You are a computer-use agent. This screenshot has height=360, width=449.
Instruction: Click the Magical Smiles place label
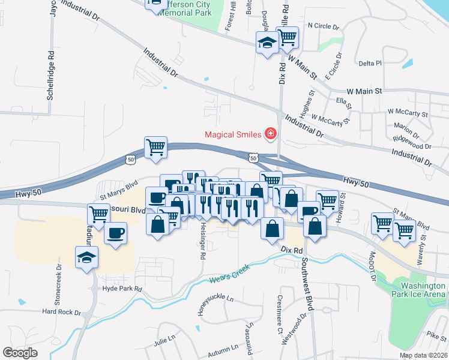(x=234, y=134)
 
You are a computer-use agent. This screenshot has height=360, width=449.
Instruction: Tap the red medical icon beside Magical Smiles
(x=271, y=133)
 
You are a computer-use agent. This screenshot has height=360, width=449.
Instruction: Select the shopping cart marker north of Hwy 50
(x=155, y=147)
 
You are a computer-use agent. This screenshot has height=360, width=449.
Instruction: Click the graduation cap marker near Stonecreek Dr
(x=86, y=258)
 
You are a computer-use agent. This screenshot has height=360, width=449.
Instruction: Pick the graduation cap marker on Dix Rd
(x=267, y=43)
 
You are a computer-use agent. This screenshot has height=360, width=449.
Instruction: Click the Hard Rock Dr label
(x=61, y=311)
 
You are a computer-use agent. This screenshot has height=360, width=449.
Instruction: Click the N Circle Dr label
(x=323, y=26)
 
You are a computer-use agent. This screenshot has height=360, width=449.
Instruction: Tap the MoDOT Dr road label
(x=372, y=268)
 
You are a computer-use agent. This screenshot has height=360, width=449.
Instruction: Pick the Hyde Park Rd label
(x=122, y=289)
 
